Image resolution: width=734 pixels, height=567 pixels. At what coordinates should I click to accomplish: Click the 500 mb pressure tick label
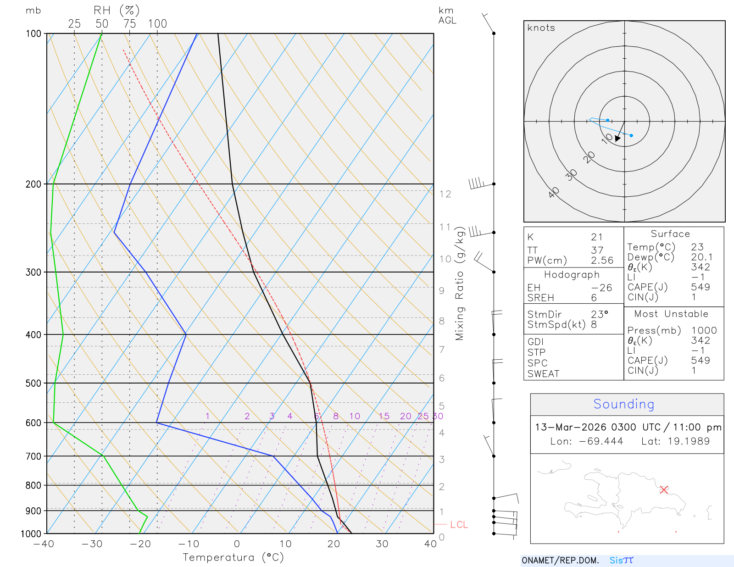tap(33, 383)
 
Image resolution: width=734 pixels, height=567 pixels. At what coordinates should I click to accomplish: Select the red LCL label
tap(459, 525)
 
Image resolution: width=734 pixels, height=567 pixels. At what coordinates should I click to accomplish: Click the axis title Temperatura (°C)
tap(233, 557)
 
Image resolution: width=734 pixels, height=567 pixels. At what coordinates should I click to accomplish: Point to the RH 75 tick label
tap(130, 24)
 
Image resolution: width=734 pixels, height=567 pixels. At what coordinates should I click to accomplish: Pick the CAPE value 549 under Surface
tap(701, 287)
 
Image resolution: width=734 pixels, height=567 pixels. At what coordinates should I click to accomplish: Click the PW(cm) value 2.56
tap(602, 261)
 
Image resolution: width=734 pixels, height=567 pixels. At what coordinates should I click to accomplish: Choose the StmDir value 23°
tap(600, 314)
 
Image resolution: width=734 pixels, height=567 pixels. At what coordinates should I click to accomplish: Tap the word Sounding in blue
tap(624, 404)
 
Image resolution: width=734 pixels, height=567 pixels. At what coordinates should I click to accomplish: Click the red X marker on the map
tap(664, 489)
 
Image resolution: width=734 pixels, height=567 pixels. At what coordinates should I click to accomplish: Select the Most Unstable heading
tap(671, 314)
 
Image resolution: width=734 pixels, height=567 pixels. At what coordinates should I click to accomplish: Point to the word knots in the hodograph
tap(541, 28)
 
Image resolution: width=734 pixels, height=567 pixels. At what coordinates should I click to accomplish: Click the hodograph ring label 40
tap(554, 193)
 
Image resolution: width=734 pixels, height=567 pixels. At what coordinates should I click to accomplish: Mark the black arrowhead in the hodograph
tap(617, 138)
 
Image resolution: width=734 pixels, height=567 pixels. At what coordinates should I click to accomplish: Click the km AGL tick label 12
tap(445, 194)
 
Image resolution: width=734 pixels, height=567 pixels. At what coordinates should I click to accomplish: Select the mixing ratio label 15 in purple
tap(384, 416)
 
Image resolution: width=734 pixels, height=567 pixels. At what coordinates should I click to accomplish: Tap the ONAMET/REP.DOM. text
tap(560, 560)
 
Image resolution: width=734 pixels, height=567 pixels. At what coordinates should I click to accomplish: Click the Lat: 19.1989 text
tap(675, 441)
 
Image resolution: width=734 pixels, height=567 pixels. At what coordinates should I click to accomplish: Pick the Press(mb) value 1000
tap(704, 330)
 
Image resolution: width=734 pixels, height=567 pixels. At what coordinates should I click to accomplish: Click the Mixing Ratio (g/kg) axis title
tap(460, 283)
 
